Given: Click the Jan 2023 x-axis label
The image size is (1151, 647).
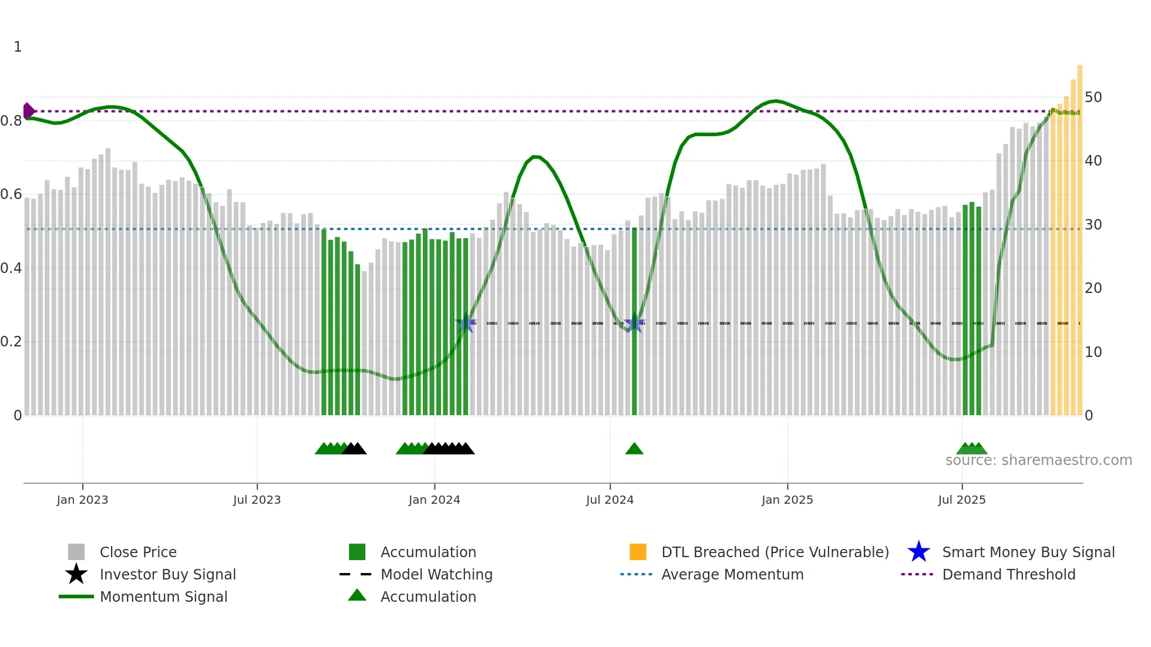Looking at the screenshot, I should (82, 500).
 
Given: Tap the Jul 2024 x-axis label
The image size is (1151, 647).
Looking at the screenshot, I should (610, 500).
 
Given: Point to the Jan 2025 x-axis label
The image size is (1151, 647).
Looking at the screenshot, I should (787, 500).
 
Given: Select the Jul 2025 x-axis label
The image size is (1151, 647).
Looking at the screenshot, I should (961, 500).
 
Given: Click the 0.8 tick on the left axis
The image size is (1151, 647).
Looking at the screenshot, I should (11, 121).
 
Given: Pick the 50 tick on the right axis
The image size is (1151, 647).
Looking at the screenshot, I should (1093, 97).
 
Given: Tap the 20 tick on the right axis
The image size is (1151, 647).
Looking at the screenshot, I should (1093, 288).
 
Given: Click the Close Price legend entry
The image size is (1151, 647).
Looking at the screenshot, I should (138, 552).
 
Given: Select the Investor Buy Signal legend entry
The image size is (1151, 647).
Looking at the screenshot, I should (167, 574).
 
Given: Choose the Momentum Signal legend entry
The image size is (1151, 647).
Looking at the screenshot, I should (163, 597).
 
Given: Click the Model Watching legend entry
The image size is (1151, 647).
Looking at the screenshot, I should (436, 574).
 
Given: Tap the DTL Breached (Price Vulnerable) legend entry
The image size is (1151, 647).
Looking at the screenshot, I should (775, 552).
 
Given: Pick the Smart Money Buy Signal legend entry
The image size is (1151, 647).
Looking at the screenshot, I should (1028, 552).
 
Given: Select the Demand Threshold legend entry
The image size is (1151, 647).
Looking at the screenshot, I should (1008, 574).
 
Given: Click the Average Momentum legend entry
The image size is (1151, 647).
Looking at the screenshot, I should (732, 574).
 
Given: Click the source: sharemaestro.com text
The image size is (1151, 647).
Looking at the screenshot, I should (1038, 460).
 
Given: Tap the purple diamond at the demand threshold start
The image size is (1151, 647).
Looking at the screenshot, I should (28, 111).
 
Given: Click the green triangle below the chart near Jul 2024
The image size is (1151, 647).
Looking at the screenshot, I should (634, 449).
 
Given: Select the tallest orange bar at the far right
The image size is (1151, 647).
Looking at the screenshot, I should (1079, 235).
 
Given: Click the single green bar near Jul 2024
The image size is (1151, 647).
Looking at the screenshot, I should (634, 323).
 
